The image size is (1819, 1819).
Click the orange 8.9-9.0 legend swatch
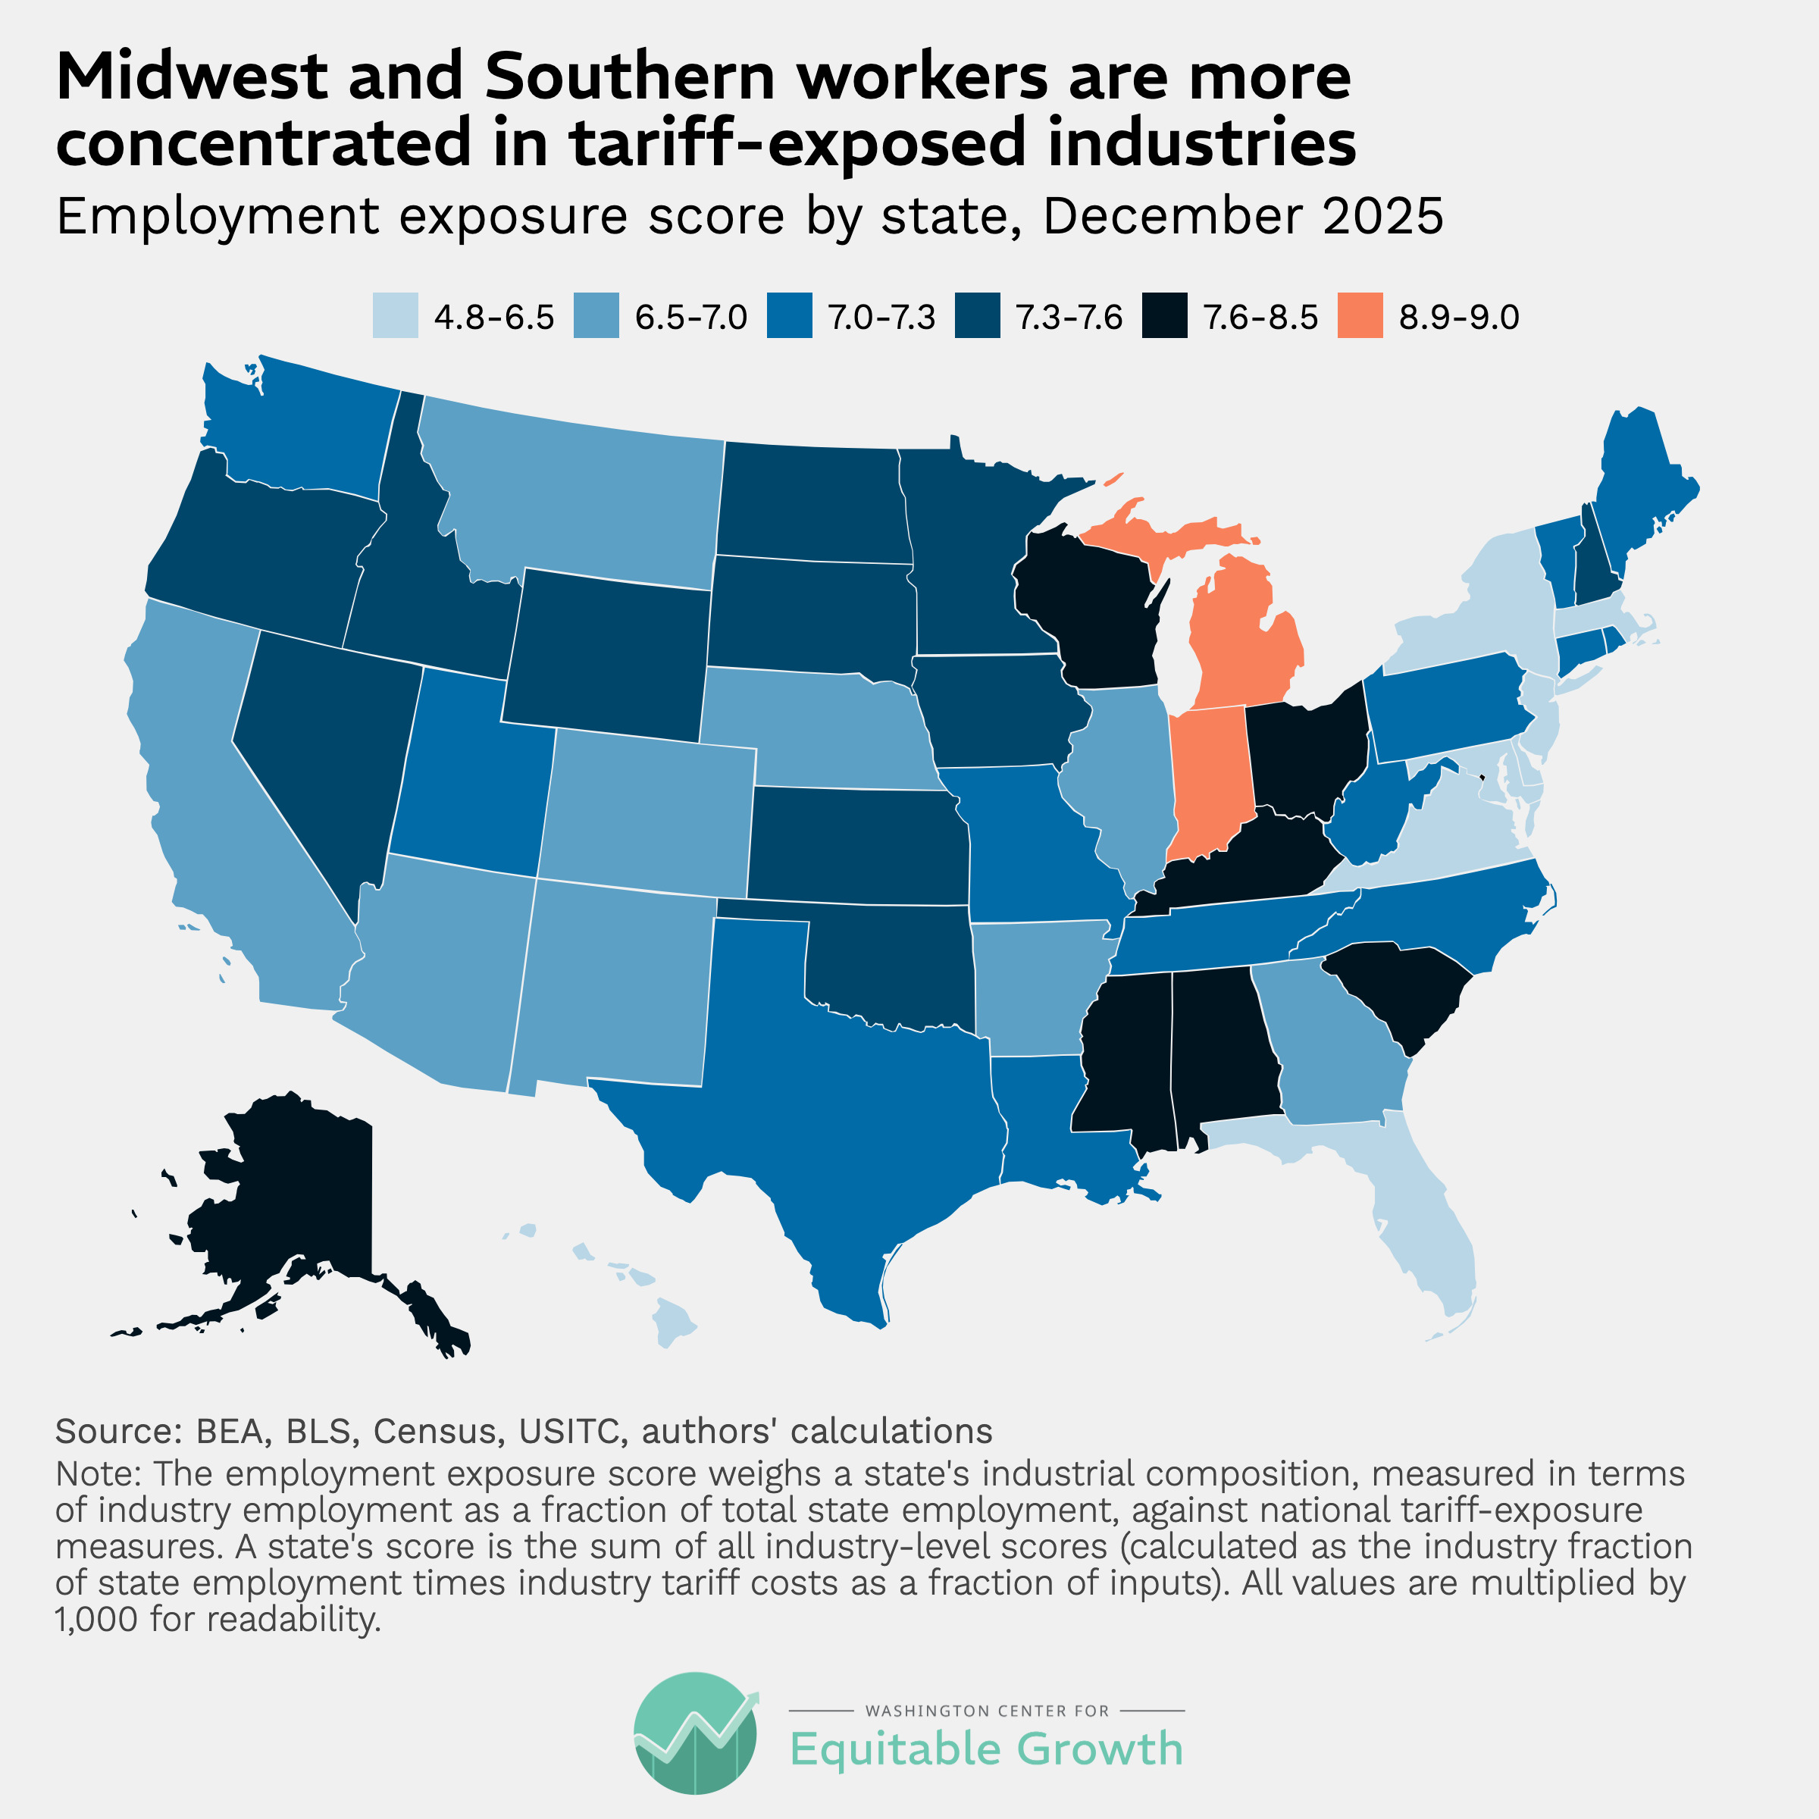tap(1360, 315)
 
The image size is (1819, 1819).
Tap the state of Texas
tap(847, 1111)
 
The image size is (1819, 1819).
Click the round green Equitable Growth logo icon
tap(695, 1733)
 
